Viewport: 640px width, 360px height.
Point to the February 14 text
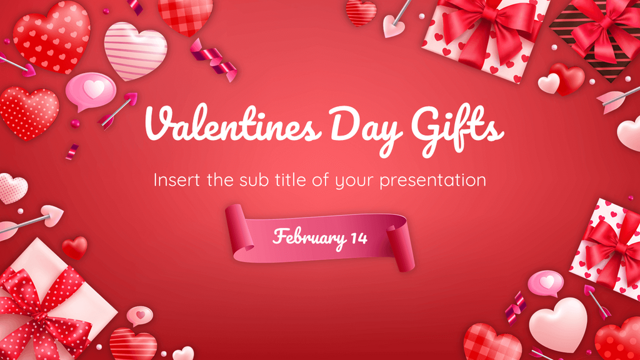click(319, 237)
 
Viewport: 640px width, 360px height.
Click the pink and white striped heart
click(135, 50)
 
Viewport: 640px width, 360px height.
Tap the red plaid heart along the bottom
click(493, 342)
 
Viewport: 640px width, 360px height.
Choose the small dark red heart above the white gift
click(75, 247)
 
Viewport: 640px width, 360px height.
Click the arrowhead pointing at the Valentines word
click(131, 97)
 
